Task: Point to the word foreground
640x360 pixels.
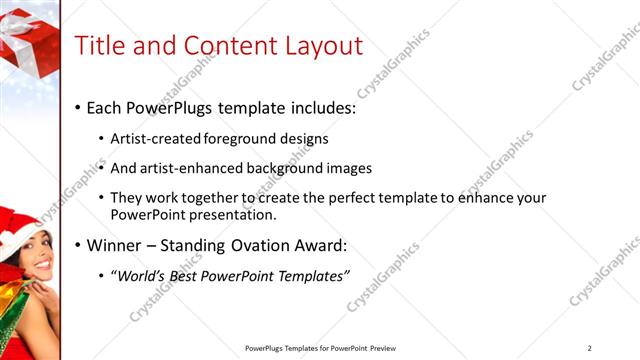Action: [238, 138]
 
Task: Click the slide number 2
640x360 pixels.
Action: [590, 348]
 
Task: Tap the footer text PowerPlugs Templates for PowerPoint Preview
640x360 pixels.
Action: [320, 348]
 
